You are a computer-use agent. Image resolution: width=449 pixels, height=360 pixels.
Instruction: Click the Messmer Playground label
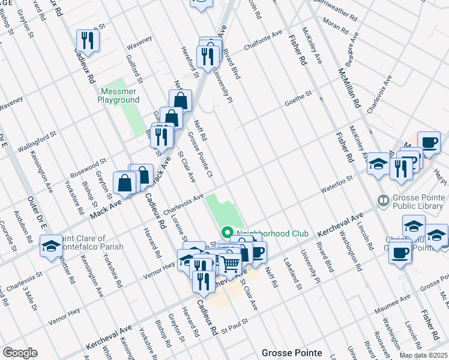click(x=118, y=96)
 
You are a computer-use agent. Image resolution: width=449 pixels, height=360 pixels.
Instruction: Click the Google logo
click(x=20, y=353)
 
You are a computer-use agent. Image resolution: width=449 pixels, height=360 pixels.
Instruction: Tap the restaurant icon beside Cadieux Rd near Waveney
click(x=88, y=40)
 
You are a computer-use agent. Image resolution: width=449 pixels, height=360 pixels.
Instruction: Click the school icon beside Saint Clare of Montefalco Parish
click(x=51, y=246)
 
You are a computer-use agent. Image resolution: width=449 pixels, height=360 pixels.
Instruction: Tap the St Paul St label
click(x=234, y=329)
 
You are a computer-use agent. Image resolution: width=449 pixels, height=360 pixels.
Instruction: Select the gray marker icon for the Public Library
click(x=382, y=199)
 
